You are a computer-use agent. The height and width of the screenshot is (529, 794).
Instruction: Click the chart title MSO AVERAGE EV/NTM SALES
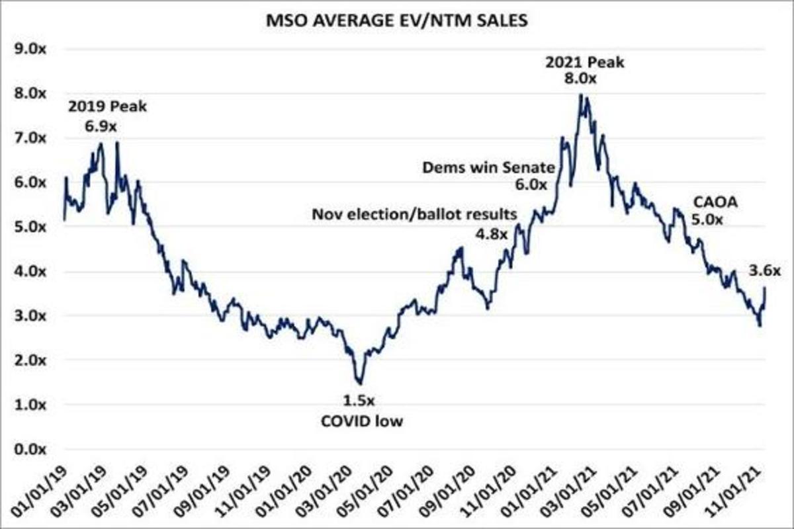click(397, 20)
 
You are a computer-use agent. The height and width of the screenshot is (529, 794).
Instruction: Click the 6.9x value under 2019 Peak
click(107, 124)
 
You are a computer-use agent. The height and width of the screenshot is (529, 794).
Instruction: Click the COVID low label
click(358, 419)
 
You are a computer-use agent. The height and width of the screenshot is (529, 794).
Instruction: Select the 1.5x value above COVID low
click(358, 400)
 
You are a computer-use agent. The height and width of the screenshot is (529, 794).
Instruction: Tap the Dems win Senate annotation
click(485, 168)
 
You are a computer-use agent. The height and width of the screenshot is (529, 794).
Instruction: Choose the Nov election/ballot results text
click(414, 214)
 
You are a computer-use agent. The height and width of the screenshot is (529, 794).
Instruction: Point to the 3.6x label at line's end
click(766, 270)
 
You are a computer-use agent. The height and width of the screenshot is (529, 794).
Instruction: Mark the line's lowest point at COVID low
click(360, 383)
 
